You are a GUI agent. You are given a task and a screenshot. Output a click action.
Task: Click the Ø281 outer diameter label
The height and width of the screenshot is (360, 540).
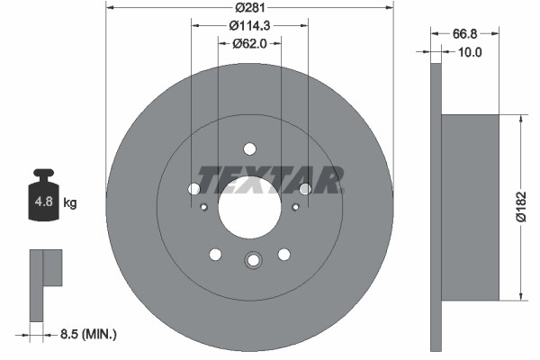point(250,7)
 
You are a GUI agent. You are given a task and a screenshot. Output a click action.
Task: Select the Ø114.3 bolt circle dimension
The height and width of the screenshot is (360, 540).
point(249,25)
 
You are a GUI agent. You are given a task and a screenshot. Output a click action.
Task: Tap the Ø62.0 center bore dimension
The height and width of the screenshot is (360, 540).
point(249,43)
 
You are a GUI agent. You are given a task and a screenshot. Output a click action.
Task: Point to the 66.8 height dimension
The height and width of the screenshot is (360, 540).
point(464,34)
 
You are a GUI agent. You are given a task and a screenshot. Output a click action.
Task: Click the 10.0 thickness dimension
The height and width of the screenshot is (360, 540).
point(470,52)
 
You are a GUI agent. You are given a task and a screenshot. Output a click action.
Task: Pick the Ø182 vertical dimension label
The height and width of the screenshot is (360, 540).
point(521,207)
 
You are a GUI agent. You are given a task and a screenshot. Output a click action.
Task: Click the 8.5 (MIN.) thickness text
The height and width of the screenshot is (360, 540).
point(88,334)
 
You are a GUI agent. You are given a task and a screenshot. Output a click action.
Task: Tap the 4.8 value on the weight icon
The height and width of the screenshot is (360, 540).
point(44,202)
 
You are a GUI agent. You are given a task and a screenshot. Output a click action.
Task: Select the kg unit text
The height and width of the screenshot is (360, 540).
point(70,202)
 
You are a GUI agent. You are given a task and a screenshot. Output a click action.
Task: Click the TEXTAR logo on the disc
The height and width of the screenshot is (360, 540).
point(271,180)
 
